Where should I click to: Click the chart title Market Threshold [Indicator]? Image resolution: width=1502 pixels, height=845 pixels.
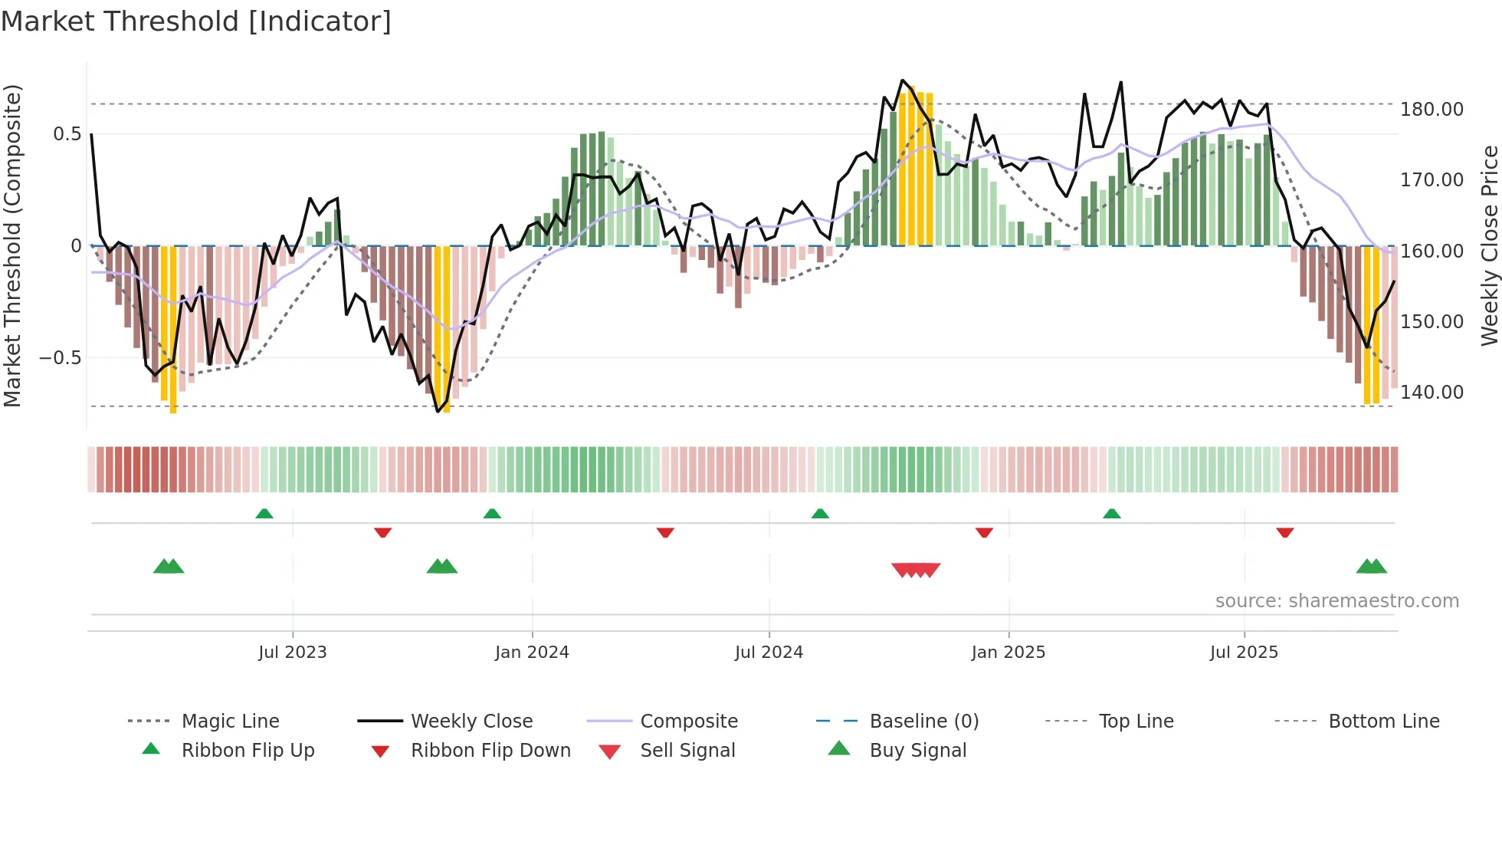click(196, 21)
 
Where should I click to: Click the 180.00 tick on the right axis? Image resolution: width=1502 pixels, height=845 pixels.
click(1431, 110)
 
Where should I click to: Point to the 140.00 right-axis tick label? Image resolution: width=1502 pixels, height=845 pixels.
click(1431, 393)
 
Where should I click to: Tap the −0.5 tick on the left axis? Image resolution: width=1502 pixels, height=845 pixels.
click(60, 358)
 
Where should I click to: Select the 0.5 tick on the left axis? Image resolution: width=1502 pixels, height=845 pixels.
click(67, 134)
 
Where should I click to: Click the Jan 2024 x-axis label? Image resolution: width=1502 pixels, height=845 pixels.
click(532, 653)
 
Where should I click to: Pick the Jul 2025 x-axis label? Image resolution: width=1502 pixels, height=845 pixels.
click(1244, 653)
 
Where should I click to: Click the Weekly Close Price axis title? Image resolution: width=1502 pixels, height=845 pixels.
click(1489, 245)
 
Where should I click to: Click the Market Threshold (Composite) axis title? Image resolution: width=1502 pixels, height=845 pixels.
click(12, 245)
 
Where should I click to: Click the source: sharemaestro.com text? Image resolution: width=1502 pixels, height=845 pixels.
click(1336, 601)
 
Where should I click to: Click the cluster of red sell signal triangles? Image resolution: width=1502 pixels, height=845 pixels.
click(916, 570)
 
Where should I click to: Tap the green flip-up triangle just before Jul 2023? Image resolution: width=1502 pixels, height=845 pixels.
click(264, 513)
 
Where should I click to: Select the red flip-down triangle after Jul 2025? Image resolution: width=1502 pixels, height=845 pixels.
click(1285, 532)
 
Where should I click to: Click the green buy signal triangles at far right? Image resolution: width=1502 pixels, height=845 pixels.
click(1372, 567)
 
